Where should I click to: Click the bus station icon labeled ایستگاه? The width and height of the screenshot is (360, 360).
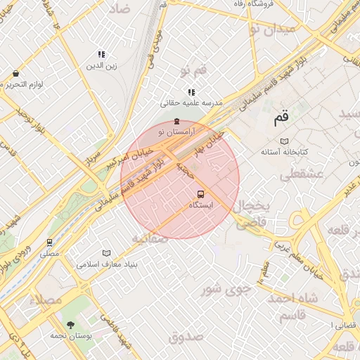[201, 194]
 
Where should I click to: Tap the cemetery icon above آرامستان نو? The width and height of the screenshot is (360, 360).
[176, 122]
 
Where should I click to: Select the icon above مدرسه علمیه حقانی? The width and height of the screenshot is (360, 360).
[191, 92]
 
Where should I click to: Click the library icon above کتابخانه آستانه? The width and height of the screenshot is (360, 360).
[284, 141]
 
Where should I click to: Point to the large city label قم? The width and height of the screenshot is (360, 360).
[281, 118]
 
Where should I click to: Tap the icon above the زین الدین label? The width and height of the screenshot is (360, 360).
[102, 54]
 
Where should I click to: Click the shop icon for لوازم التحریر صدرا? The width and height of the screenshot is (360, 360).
[15, 73]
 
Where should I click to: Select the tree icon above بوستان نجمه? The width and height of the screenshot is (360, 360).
[70, 325]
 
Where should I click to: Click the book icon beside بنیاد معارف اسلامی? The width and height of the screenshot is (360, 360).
[106, 253]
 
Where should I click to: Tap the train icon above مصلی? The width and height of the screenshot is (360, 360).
[49, 243]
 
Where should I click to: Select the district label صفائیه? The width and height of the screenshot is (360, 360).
[149, 238]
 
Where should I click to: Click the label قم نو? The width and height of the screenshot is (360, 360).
[194, 70]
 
